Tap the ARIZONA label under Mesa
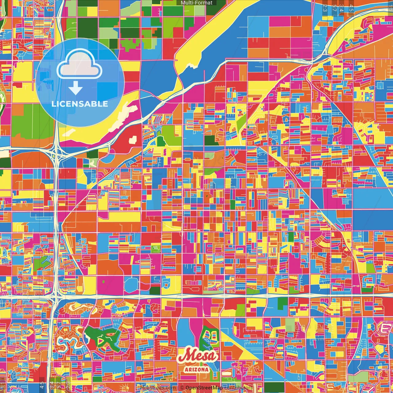pos(197,369)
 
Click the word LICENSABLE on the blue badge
pos(80,104)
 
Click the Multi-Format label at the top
pos(196,3)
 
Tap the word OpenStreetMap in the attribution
pos(204,388)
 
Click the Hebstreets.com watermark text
pos(158,388)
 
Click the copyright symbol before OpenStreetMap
pos(182,388)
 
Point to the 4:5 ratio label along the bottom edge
pos(42,384)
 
